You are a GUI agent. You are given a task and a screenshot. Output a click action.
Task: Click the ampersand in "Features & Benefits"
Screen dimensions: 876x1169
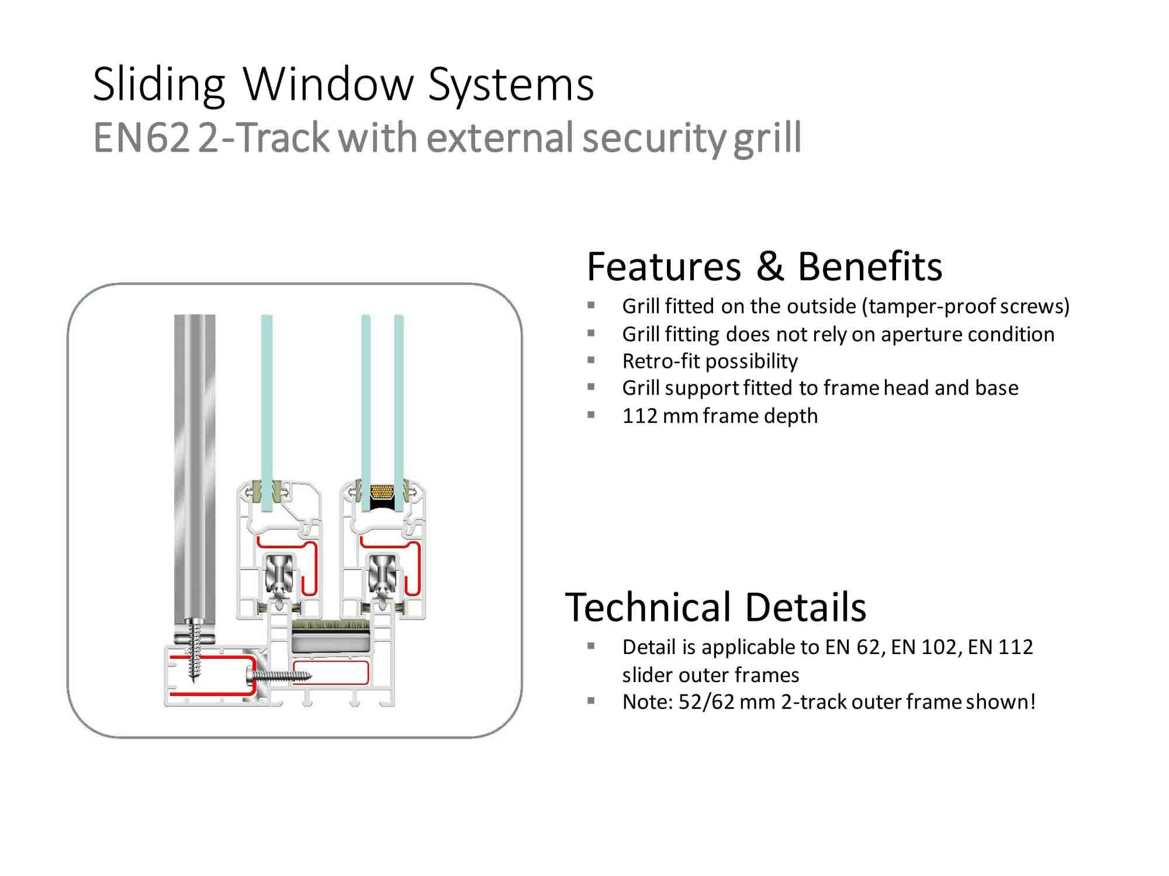point(770,266)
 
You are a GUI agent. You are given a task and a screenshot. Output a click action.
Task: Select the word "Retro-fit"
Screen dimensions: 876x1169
point(660,361)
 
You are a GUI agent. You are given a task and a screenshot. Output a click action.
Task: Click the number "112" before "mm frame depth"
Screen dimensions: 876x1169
point(640,416)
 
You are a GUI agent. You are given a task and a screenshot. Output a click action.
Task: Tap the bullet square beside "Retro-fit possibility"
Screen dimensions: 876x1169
point(591,361)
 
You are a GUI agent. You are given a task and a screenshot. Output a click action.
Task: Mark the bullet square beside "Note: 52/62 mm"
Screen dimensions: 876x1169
point(591,701)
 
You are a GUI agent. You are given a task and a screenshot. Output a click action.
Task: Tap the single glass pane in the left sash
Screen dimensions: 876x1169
point(267,409)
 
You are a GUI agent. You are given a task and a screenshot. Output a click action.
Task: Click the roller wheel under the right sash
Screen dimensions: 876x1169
point(382,575)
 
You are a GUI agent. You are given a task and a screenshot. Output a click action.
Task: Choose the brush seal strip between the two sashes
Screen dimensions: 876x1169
point(330,625)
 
